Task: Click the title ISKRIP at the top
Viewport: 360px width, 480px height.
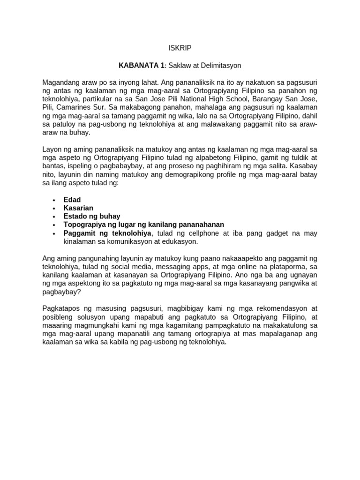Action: (180, 48)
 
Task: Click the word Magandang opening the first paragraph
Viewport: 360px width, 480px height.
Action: (60, 82)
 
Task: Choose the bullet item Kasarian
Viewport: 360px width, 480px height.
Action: (78, 208)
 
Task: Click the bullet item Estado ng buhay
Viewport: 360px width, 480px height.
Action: (92, 216)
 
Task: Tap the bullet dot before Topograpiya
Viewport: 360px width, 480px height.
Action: (55, 225)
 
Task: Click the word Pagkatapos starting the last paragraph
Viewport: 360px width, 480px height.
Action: (61, 308)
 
